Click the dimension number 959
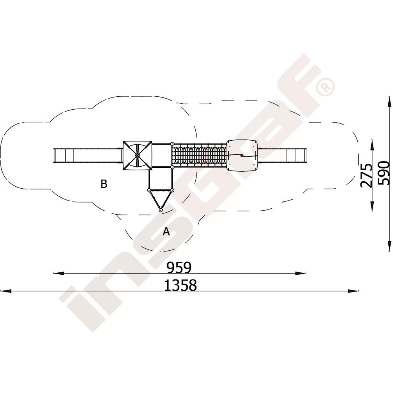click(x=179, y=267)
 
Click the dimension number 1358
click(x=180, y=285)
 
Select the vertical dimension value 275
click(x=366, y=175)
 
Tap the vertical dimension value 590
click(x=384, y=173)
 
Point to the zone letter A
click(x=166, y=231)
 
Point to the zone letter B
click(x=104, y=184)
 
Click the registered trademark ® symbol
click(x=325, y=86)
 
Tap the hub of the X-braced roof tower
click(x=137, y=155)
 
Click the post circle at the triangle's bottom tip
click(x=160, y=210)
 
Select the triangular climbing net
click(x=160, y=198)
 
